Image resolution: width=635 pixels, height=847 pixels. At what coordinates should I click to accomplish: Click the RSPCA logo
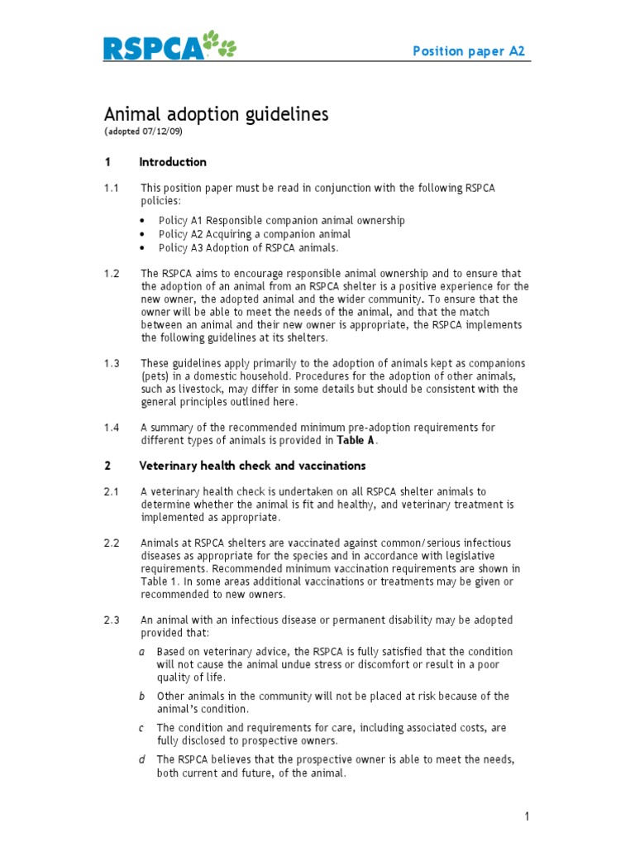[x=153, y=49]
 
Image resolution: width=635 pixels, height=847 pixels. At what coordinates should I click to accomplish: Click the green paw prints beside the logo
[x=221, y=45]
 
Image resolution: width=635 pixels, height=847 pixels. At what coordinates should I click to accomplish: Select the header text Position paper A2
[x=469, y=51]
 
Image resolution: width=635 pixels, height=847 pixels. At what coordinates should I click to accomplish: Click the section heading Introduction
[x=173, y=162]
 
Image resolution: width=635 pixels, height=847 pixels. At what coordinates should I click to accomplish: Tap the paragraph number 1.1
[x=112, y=189]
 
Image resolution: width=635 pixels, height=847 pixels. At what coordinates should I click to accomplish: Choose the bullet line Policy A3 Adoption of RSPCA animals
[x=248, y=247]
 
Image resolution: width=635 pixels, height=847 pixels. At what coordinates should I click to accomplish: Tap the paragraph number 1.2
[x=112, y=274]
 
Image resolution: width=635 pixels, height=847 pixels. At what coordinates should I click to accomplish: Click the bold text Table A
[x=356, y=440]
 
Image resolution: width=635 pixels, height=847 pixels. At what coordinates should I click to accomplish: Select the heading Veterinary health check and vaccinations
[x=252, y=466]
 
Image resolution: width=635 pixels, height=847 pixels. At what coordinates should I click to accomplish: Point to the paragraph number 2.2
[x=112, y=543]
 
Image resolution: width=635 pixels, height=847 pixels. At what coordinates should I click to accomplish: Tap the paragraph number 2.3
[x=112, y=620]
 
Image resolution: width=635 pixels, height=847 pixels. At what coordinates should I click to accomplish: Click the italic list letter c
[x=142, y=728]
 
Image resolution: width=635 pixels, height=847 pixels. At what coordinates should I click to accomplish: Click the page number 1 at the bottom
[x=527, y=817]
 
